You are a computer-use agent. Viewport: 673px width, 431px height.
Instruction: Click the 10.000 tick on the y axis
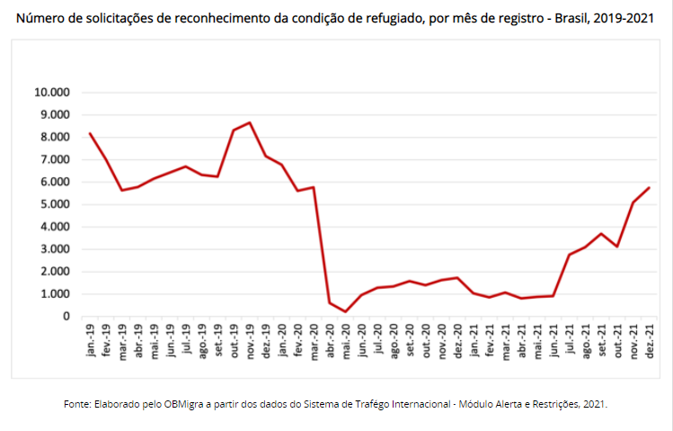[x=50, y=92]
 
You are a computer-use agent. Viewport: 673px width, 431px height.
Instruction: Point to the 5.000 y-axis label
[x=53, y=204]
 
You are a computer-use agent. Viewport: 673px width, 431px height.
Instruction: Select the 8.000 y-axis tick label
[x=53, y=137]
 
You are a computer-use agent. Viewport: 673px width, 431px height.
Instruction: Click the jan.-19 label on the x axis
[x=91, y=340]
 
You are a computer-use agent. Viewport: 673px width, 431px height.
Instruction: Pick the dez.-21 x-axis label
[x=649, y=340]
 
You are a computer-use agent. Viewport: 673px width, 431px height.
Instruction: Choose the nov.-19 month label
[x=250, y=340]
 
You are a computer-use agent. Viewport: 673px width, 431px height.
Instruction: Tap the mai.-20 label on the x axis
[x=345, y=340]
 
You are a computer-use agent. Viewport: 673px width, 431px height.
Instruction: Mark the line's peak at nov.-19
[x=250, y=122]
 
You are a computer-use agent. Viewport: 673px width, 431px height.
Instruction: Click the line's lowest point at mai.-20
[x=345, y=311]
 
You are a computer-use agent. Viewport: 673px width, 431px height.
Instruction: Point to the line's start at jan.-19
[x=90, y=133]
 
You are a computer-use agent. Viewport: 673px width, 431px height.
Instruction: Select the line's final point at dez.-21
[x=649, y=187]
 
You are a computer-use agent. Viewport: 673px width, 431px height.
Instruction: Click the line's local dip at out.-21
[x=616, y=247]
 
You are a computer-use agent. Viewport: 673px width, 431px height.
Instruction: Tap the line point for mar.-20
[x=314, y=187]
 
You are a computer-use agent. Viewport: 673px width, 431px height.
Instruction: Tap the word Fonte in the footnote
[x=77, y=404]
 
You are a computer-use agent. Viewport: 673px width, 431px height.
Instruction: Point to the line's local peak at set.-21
[x=601, y=233]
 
